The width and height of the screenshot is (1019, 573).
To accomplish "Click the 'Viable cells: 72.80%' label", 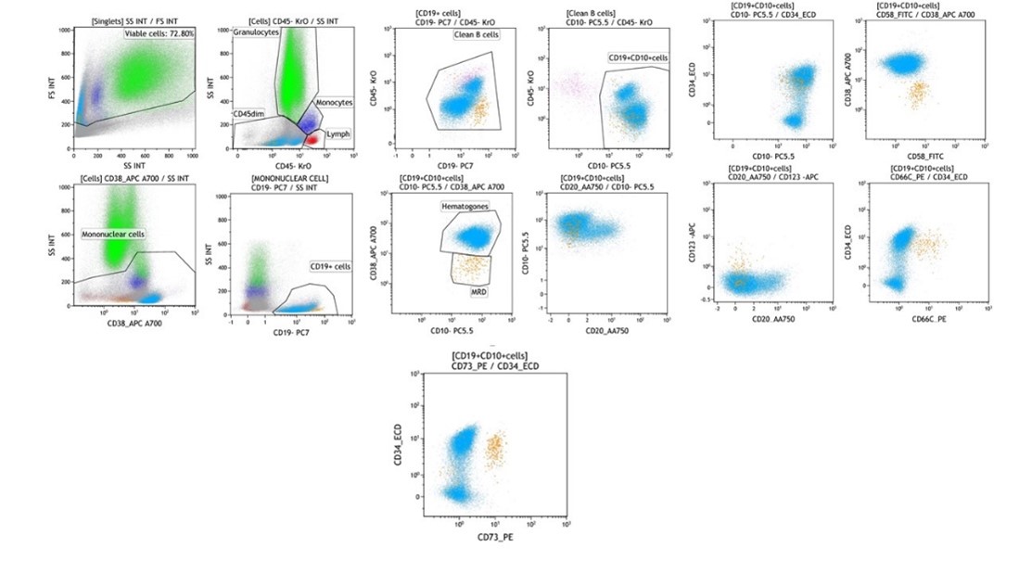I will click(x=159, y=33).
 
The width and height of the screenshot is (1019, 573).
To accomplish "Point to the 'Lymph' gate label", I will click(x=338, y=134).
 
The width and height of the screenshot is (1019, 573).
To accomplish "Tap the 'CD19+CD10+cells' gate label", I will click(x=638, y=58).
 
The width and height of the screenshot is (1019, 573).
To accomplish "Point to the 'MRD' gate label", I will click(x=470, y=292).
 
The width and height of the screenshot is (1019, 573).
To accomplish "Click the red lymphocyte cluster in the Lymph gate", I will click(x=313, y=139).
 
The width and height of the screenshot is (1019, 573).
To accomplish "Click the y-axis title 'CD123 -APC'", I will click(x=693, y=244).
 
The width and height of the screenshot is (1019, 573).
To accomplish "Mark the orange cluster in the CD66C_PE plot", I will click(x=927, y=246).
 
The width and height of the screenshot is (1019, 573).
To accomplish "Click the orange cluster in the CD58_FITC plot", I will click(x=918, y=92).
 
